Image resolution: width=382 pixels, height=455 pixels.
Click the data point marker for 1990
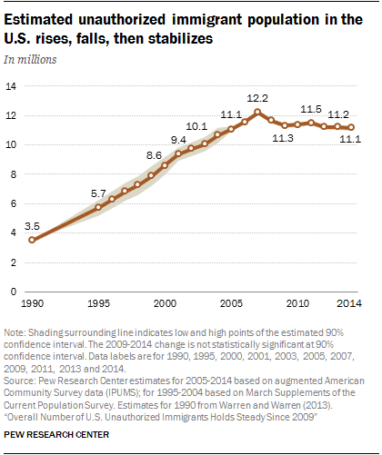pyautogui.click(x=32, y=240)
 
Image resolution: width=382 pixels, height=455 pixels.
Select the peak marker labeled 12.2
pyautogui.click(x=257, y=112)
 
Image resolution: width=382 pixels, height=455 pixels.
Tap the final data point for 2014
pyautogui.click(x=351, y=127)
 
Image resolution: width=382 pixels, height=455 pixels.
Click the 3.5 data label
pyautogui.click(x=32, y=226)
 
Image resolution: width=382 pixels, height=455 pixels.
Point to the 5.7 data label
pyautogui.click(x=98, y=193)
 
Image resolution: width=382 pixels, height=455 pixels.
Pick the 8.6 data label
pyautogui.click(x=154, y=155)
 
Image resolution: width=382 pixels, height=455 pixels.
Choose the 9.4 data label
pyautogui.click(x=178, y=140)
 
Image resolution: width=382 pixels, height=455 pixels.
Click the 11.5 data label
pyautogui.click(x=311, y=109)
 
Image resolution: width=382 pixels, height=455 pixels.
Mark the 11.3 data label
pyautogui.click(x=283, y=138)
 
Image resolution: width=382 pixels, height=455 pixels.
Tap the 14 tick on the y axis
pyautogui.click(x=11, y=86)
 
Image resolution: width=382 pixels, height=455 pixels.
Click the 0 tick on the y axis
pyautogui.click(x=14, y=292)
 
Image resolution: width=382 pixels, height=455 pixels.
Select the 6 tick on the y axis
pyautogui.click(x=14, y=203)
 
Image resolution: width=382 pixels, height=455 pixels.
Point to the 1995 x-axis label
pyautogui.click(x=98, y=303)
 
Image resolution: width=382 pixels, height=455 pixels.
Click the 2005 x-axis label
pyautogui.click(x=231, y=303)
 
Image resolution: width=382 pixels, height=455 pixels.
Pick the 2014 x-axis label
pyautogui.click(x=349, y=303)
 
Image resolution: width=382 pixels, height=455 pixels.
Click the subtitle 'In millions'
pyautogui.click(x=30, y=60)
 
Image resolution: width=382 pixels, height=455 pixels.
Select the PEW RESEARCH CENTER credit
pyautogui.click(x=56, y=435)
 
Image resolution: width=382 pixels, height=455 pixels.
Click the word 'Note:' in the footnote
pyautogui.click(x=15, y=332)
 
